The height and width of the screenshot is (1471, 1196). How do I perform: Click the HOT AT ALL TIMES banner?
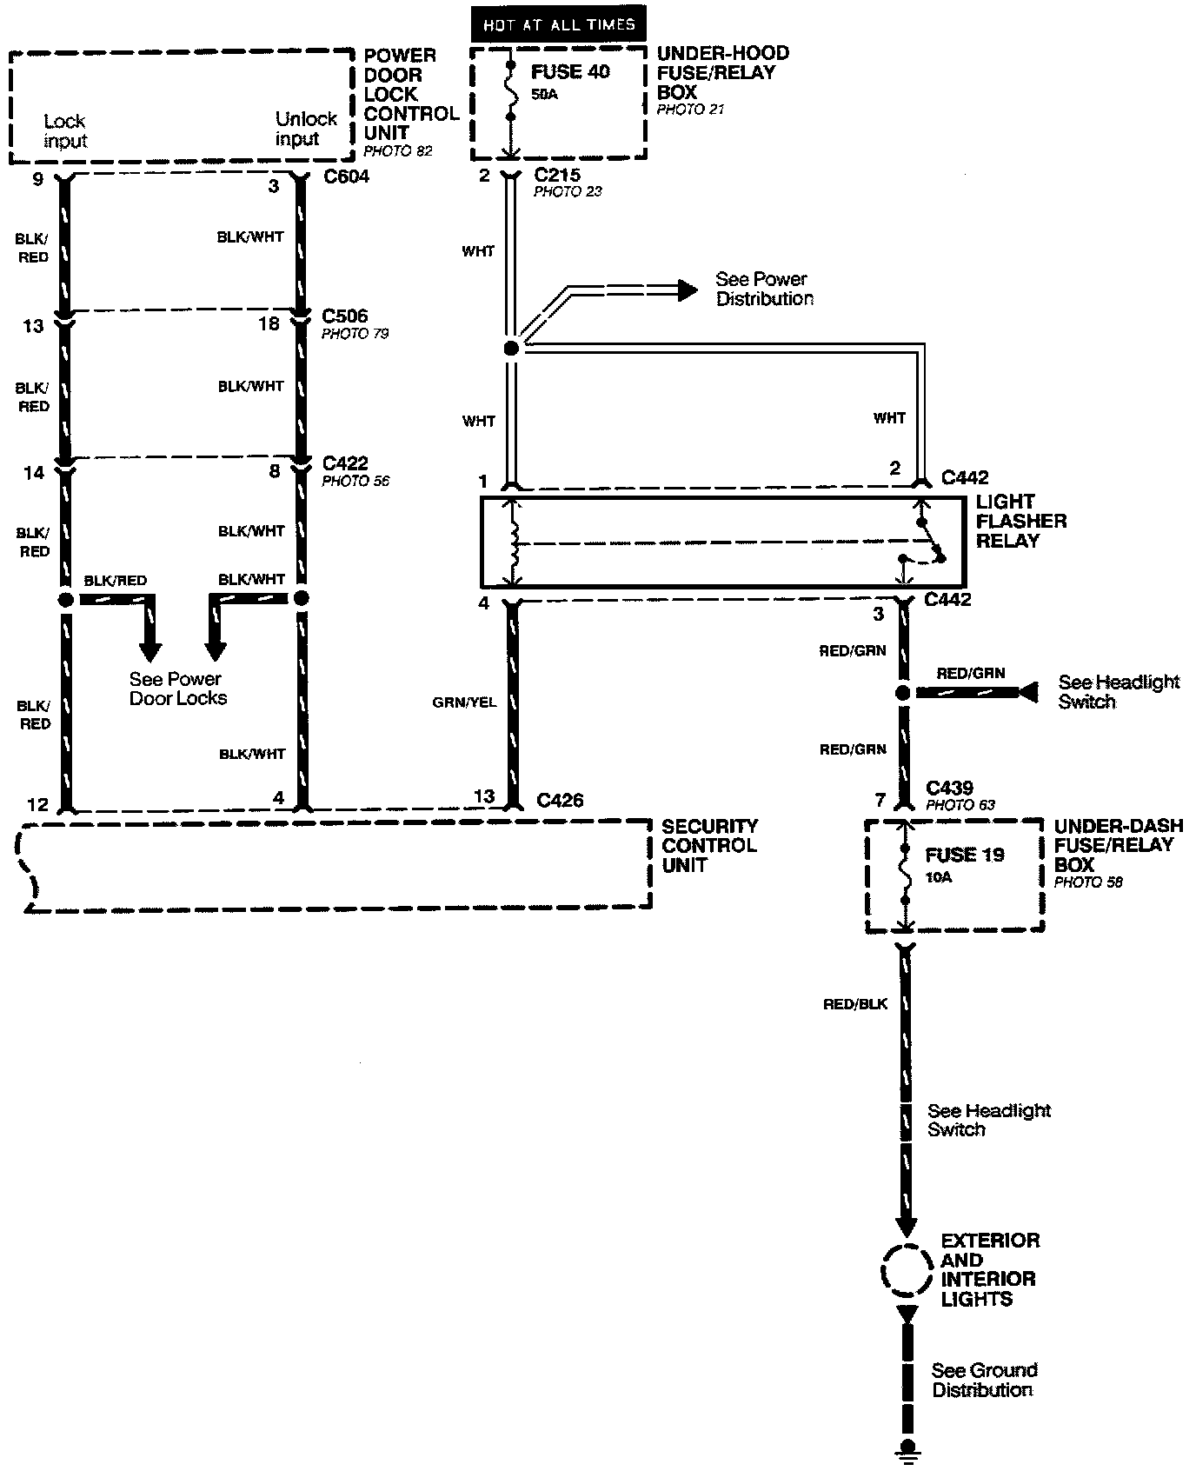[559, 25]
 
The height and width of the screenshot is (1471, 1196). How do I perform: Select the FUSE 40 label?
[570, 72]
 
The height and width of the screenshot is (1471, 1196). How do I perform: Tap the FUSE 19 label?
[964, 855]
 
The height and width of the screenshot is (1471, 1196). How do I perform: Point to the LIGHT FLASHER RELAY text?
[1020, 522]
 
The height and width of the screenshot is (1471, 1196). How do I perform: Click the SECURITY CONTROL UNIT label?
[709, 845]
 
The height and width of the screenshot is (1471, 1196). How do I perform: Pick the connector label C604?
[345, 177]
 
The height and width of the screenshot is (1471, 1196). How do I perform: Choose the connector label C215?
[557, 176]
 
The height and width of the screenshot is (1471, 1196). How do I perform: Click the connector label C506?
[345, 316]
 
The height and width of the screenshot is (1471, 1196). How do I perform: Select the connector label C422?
[345, 463]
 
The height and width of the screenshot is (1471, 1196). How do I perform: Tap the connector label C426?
[560, 800]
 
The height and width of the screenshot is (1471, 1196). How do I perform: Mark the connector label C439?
[949, 788]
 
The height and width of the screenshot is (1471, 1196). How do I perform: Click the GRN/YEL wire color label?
[464, 702]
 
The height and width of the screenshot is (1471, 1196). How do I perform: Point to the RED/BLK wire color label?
[855, 1004]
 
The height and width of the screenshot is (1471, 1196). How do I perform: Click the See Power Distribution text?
[764, 289]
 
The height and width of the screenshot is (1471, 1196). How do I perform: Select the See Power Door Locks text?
[177, 689]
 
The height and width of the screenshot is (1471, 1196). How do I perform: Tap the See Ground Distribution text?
[984, 1380]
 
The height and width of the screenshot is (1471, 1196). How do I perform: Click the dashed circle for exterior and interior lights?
[906, 1271]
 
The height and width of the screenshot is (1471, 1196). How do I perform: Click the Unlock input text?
[305, 129]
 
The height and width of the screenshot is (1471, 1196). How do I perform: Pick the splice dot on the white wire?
[511, 348]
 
